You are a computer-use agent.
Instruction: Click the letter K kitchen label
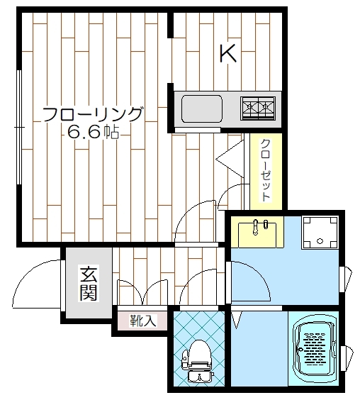click(228, 53)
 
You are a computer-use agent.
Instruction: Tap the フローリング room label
click(92, 115)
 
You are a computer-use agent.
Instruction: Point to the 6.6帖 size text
click(93, 132)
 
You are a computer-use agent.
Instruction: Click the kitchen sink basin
click(201, 109)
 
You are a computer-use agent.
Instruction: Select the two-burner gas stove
click(258, 109)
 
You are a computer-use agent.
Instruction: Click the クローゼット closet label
click(266, 170)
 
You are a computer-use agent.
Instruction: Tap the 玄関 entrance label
click(89, 283)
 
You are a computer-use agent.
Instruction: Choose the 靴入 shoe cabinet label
click(143, 321)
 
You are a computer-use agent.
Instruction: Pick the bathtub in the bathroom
click(314, 350)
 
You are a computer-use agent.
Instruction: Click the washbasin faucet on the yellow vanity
click(255, 227)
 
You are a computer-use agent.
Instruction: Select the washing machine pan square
click(320, 233)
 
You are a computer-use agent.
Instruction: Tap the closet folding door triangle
click(230, 159)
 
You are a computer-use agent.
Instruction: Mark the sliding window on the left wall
click(18, 127)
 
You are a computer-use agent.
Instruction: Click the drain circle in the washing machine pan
click(320, 241)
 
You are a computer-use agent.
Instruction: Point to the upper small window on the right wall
click(345, 279)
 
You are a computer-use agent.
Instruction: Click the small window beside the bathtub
click(347, 358)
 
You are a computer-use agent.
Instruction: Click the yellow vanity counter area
click(257, 232)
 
